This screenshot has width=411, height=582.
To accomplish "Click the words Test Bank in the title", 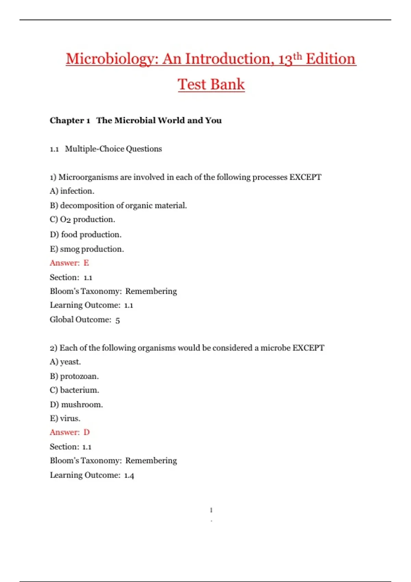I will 211,84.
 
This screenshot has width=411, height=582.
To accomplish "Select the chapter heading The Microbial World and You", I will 159,121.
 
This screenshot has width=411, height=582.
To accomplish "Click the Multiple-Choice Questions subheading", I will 113,149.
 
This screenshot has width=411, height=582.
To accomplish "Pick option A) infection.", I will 72,191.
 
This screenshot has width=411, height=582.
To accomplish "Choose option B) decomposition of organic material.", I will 118,205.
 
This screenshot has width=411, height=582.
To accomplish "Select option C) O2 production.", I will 82,219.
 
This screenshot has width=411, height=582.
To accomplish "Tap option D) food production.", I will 86,235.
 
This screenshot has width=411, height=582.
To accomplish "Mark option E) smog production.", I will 87,249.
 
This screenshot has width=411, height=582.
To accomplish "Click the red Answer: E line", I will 69,263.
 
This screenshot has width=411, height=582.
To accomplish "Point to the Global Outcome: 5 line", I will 85,320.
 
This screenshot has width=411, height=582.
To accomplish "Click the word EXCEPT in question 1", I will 305,177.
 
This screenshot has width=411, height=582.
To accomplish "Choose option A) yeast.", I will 65,362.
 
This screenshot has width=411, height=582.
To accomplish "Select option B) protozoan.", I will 74,376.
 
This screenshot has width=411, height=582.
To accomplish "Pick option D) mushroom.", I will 76,405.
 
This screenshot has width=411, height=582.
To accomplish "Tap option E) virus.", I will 65,418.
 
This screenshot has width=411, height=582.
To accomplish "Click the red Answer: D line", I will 70,432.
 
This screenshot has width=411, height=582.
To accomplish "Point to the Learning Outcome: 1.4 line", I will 92,475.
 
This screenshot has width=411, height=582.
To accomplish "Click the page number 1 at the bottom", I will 211,510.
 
